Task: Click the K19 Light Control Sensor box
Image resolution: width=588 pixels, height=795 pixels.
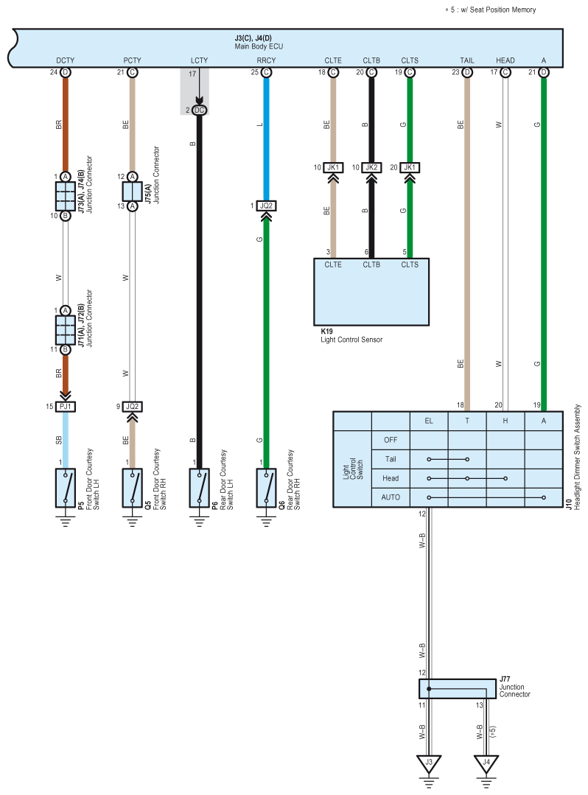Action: [371, 292]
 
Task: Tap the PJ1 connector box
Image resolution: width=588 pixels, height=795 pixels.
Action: [66, 406]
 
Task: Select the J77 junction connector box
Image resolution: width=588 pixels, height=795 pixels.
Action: [458, 688]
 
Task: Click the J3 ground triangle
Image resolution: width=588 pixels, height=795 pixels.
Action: [429, 763]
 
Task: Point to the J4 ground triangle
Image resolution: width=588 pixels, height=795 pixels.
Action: [486, 763]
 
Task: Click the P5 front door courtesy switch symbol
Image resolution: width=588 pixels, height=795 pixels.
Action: [66, 488]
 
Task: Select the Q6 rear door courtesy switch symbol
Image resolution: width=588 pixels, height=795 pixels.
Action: [266, 488]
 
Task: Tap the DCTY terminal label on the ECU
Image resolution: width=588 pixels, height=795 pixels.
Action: [66, 60]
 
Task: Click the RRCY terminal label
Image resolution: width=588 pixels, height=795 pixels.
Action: [266, 60]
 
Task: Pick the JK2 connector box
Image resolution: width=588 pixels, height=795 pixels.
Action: [371, 167]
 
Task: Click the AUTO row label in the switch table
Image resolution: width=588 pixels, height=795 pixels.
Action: [391, 497]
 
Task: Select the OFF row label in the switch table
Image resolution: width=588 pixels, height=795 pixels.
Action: [391, 440]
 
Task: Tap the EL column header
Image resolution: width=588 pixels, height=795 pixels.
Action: [429, 421]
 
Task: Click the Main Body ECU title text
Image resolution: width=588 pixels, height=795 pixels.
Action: [259, 46]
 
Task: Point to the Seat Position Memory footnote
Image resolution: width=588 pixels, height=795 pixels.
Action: [490, 10]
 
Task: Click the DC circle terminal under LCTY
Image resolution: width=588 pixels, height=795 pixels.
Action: [199, 110]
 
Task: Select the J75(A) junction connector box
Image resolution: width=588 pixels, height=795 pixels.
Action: [133, 192]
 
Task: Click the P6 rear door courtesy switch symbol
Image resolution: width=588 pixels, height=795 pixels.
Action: [199, 488]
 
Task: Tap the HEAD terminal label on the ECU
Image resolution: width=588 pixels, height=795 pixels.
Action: [505, 60]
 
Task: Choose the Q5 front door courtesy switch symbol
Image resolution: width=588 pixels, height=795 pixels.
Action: [133, 488]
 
